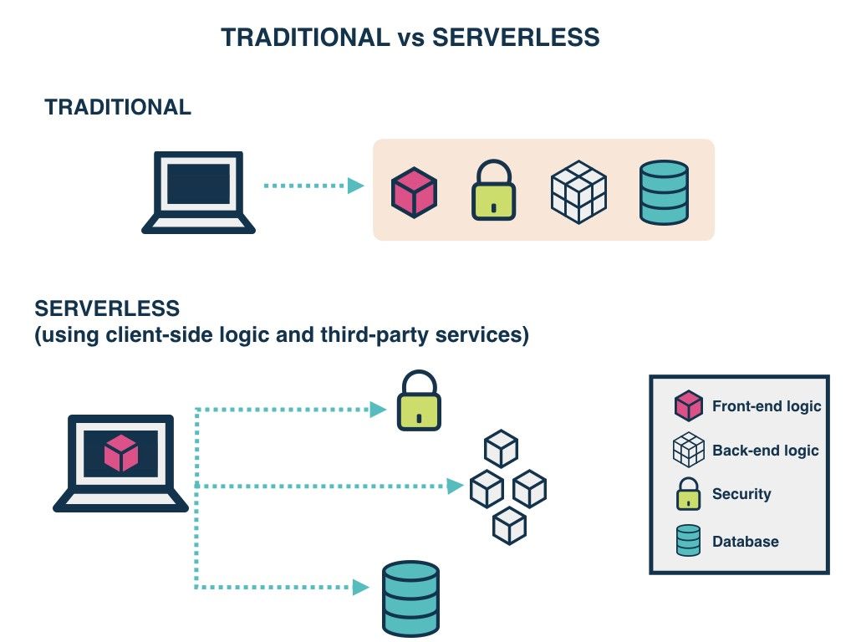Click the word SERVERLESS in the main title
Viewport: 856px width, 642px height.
[516, 38]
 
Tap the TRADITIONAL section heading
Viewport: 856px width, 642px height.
[118, 107]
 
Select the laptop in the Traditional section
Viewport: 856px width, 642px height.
[198, 192]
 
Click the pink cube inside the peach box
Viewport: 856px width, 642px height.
[415, 193]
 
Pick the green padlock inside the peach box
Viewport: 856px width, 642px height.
[494, 191]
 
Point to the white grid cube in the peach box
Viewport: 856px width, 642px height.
[578, 191]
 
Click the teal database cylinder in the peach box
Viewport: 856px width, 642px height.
[664, 192]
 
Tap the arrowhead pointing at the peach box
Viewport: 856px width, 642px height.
[356, 186]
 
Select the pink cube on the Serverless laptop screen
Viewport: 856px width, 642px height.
[120, 453]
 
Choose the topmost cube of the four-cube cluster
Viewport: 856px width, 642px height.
[502, 449]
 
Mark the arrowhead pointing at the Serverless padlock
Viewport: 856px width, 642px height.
[379, 410]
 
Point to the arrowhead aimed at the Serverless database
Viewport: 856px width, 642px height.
[361, 588]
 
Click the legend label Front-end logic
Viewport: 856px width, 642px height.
[767, 406]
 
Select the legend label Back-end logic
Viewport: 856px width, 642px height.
[765, 451]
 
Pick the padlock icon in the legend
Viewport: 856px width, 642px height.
[688, 494]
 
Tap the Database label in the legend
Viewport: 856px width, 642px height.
[745, 542]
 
